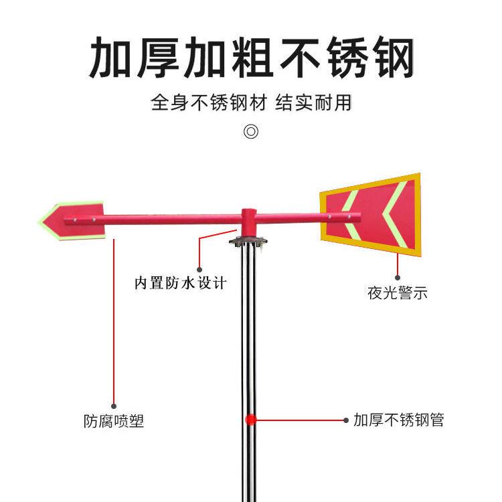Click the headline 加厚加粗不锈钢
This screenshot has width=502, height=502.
click(x=251, y=59)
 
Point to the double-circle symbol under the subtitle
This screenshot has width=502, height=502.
click(x=251, y=131)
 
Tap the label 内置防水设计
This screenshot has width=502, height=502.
click(x=181, y=283)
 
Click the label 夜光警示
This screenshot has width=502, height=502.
click(x=398, y=293)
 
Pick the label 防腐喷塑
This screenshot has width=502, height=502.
click(x=114, y=422)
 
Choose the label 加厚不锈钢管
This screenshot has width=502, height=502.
click(x=399, y=420)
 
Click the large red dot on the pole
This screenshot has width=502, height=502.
click(x=250, y=420)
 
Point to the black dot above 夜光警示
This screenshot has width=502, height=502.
click(x=398, y=276)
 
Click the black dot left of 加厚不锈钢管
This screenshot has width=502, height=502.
click(x=346, y=421)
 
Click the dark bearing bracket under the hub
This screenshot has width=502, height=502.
click(x=248, y=240)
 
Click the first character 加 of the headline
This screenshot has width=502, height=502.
click(x=111, y=59)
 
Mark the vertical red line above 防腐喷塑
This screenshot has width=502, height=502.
click(x=114, y=321)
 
